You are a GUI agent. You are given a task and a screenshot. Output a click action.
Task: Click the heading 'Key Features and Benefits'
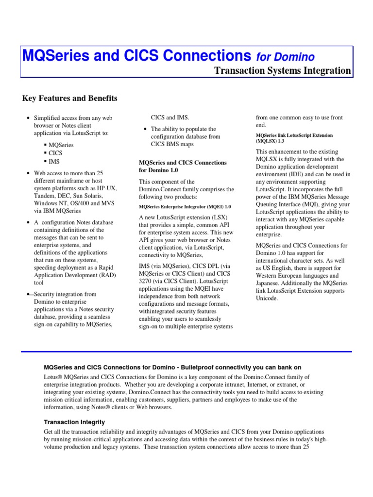pyautogui.click(x=70, y=99)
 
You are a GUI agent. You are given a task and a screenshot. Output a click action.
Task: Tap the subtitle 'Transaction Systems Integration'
pyautogui.click(x=282, y=70)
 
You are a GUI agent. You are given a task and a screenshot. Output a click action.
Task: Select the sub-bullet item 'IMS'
pyautogui.click(x=54, y=161)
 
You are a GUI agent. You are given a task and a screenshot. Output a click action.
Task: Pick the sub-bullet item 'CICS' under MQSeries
pyautogui.click(x=55, y=153)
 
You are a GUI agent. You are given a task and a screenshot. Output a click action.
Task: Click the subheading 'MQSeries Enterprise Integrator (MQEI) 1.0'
pyautogui.click(x=185, y=206)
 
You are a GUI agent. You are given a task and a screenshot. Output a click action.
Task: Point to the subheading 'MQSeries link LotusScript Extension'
pyautogui.click(x=294, y=135)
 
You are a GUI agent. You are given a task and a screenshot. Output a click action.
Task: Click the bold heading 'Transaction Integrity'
pyautogui.click(x=74, y=422)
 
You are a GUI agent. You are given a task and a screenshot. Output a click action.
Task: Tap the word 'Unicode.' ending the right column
pyautogui.click(x=267, y=298)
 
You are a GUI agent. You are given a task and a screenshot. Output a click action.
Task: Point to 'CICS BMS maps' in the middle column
pyautogui.click(x=172, y=144)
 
